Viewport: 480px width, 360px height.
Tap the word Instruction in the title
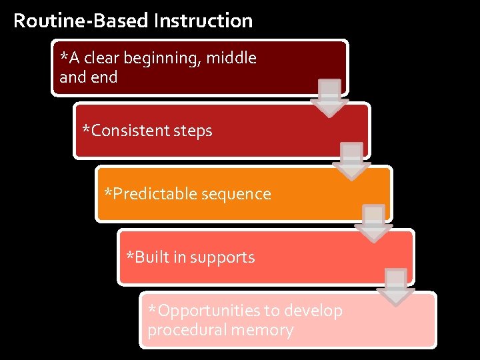point(203,21)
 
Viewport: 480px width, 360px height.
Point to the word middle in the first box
point(231,59)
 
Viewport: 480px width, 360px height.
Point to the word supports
point(223,258)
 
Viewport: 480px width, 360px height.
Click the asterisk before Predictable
point(109,193)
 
